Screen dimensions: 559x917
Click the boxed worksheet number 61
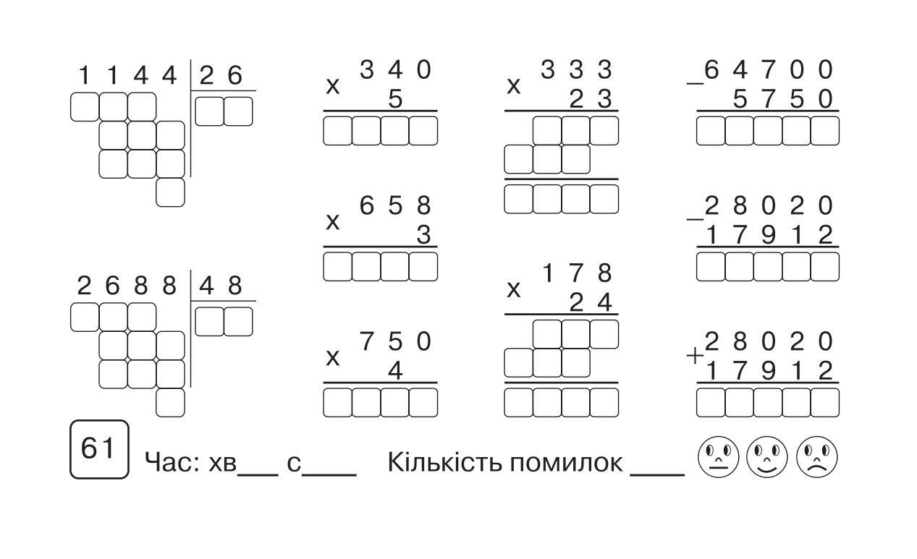pos(99,449)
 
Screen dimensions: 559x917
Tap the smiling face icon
pos(767,457)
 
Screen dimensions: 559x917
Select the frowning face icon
pos(817,457)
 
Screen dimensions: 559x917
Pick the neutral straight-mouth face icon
pos(718,457)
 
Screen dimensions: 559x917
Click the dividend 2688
pos(127,286)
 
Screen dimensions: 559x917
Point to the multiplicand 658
pos(395,206)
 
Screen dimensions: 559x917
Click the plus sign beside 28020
pos(695,356)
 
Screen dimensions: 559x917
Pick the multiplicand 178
pos(577,273)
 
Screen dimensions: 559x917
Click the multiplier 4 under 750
pos(394,371)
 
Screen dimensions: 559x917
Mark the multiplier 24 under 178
pos(591,303)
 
